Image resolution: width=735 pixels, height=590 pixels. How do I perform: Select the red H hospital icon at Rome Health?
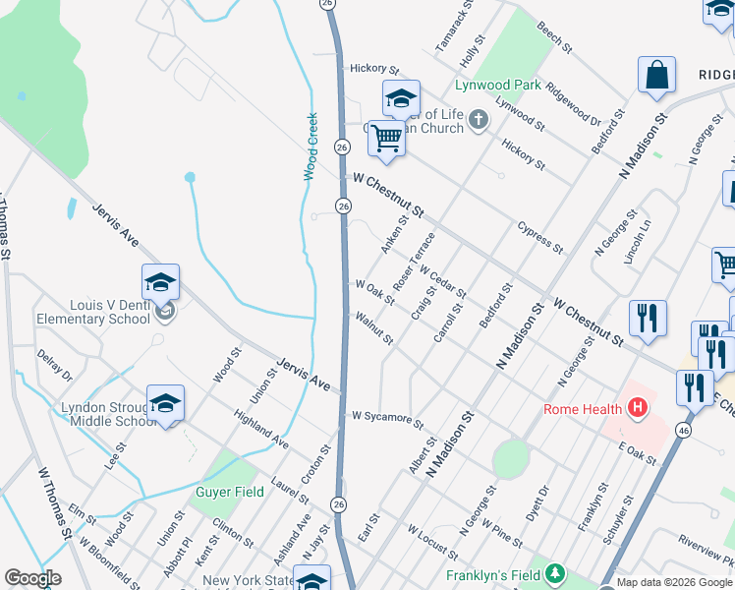638,408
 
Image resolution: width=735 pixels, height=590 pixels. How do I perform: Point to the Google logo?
32,578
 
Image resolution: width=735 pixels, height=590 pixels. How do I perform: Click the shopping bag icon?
656,76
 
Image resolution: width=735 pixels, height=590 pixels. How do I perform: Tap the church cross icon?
479,121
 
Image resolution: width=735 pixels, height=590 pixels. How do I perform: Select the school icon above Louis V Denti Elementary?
161,284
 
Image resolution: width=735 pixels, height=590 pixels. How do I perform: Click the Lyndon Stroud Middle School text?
109,414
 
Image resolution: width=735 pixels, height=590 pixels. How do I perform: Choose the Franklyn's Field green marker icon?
556,573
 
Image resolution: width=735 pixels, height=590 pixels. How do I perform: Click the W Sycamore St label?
387,420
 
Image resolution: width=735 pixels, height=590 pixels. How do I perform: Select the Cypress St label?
540,236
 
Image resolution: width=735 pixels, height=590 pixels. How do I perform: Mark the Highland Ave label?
261,431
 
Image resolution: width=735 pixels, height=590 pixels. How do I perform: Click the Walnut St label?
374,328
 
